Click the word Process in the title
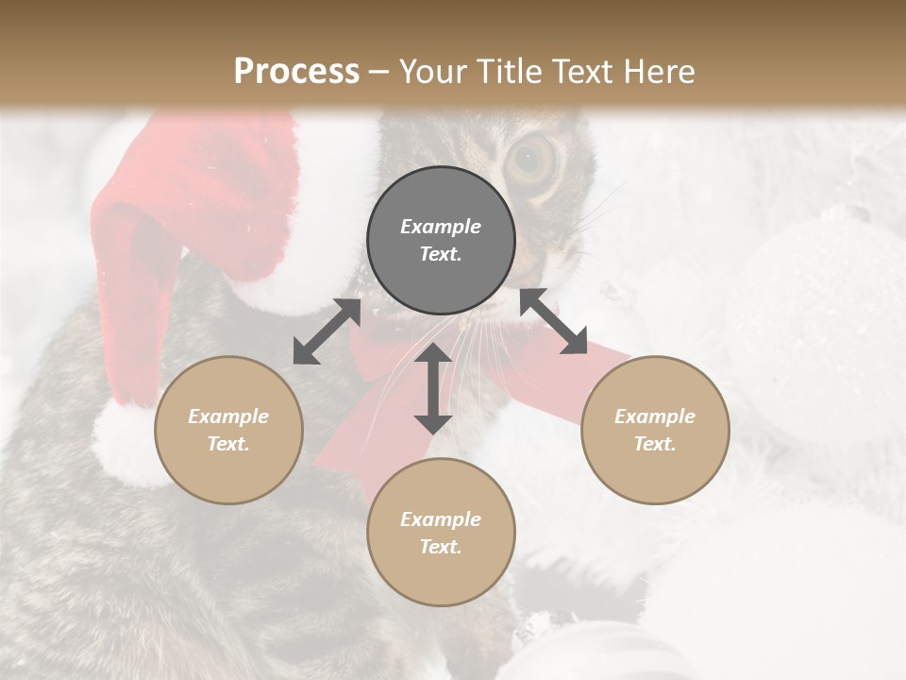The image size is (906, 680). [x=296, y=72]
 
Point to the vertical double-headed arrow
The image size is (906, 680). [x=433, y=389]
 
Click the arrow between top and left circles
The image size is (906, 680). [x=327, y=331]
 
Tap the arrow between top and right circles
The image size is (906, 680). [x=554, y=321]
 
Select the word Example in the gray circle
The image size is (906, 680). [x=441, y=227]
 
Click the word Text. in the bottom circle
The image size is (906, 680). [x=441, y=547]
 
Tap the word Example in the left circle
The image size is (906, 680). [x=228, y=416]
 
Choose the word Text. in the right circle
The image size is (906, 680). [x=655, y=444]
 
